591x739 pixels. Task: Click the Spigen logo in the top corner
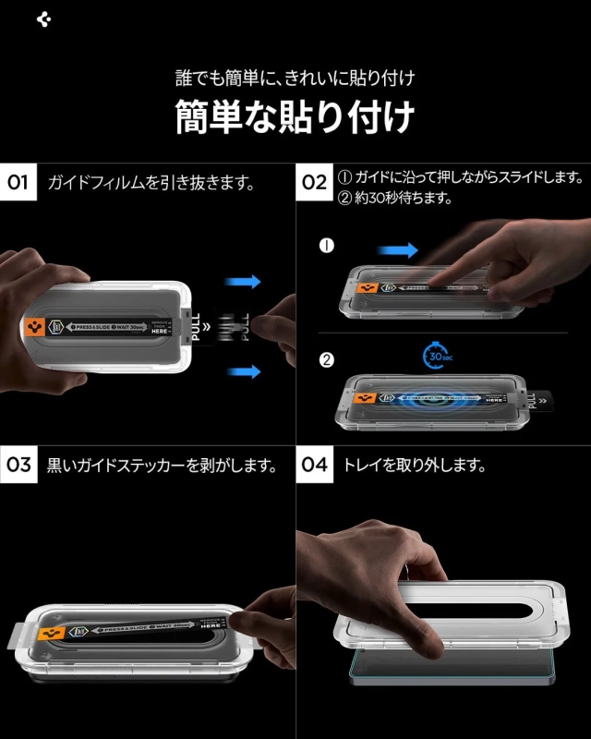point(42,19)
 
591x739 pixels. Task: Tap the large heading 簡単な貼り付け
point(295,117)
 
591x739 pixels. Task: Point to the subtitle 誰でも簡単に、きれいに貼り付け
point(295,77)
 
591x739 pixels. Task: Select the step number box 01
point(19,182)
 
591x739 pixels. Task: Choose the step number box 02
point(315,182)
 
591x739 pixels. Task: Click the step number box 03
point(19,465)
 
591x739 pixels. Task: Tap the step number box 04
point(315,465)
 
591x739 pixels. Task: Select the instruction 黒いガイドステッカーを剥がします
point(163,466)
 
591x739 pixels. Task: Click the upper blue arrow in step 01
point(244,282)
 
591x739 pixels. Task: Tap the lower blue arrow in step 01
point(244,370)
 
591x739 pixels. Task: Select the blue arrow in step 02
point(398,249)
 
